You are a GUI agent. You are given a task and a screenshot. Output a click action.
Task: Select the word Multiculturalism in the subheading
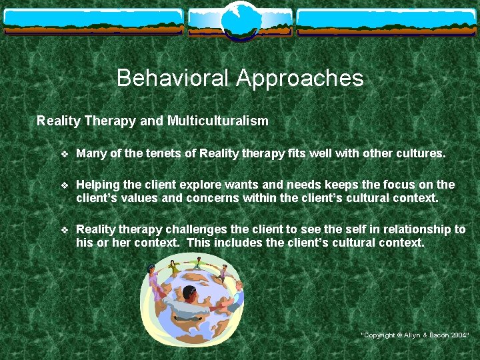[218, 121]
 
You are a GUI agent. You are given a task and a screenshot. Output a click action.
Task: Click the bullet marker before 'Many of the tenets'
[64, 154]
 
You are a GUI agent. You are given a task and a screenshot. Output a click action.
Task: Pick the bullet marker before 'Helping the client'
[64, 185]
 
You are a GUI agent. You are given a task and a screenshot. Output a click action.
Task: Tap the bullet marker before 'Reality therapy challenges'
[64, 230]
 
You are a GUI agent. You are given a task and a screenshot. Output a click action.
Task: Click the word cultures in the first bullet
[420, 153]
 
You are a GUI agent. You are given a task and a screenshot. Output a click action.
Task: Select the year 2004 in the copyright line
[459, 335]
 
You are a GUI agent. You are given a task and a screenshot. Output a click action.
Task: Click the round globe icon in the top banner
[240, 19]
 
